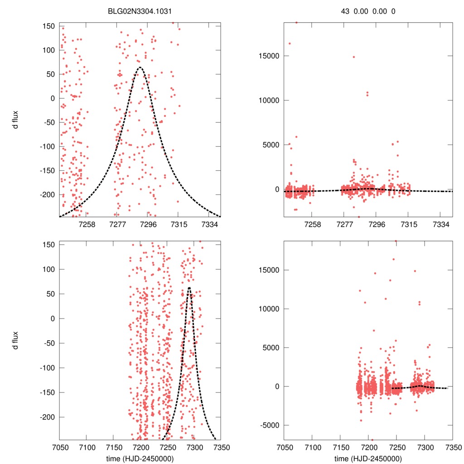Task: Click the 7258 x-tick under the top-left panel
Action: [87, 224]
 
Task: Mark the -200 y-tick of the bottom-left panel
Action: [48, 417]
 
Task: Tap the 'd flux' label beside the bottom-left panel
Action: [16, 340]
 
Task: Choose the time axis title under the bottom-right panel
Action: [368, 458]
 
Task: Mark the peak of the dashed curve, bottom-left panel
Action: [189, 287]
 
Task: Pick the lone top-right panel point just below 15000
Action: [354, 57]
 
